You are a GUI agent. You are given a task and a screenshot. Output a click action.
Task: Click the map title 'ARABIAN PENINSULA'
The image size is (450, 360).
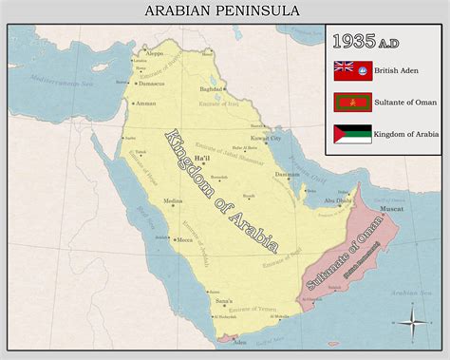(x=222, y=10)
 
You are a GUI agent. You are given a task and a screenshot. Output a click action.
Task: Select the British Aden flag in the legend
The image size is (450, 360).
(x=352, y=70)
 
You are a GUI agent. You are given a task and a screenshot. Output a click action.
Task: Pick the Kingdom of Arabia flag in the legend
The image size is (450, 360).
(x=352, y=134)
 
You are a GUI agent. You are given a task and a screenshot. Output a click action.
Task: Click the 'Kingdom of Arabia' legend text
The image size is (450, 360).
(x=406, y=134)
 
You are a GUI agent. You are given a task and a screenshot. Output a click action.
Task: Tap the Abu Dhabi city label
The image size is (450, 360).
(x=336, y=201)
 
